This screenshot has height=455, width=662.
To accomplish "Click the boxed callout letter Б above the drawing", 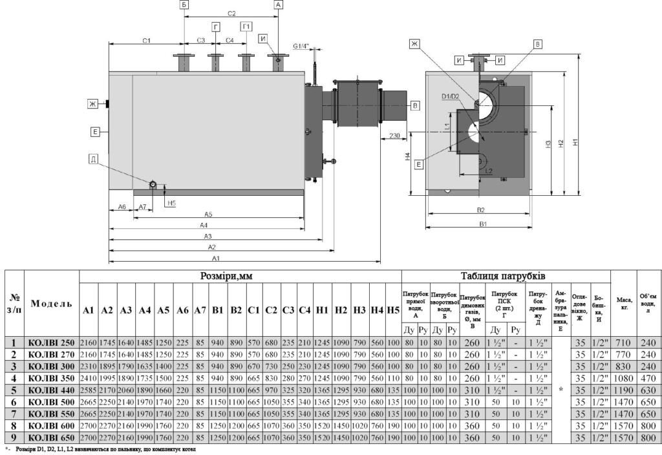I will coord(184,5).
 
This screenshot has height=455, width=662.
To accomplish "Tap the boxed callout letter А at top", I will coord(278,5).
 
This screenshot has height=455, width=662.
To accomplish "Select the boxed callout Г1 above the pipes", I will coord(246,26).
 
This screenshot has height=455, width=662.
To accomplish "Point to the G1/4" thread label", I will coord(301,47).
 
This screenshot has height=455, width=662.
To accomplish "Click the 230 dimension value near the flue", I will coord(398,136).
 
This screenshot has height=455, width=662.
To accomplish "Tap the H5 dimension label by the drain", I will coord(171,203).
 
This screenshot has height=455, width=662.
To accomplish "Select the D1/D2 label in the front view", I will coord(450,96).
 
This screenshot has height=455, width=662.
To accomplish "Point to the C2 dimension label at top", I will coord(231,14).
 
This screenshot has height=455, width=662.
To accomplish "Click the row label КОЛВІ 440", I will coord(50,390).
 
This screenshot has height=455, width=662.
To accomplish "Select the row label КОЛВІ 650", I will coord(50,438).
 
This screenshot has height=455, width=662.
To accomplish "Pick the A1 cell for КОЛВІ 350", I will coord(89,379).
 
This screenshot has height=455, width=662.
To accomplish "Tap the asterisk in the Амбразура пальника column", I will coord(561,390).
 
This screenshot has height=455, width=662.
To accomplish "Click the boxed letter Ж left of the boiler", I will coord(94,103).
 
